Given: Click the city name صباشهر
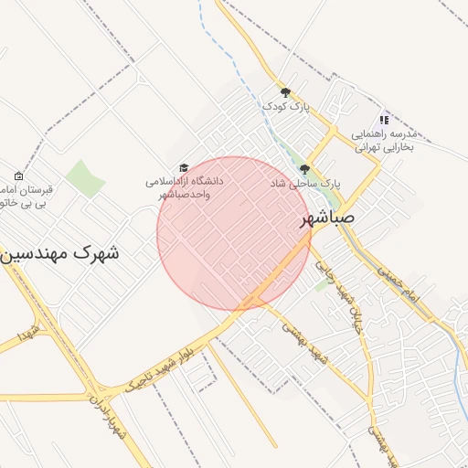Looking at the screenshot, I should click(x=339, y=221).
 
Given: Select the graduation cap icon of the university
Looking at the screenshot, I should click(x=184, y=167).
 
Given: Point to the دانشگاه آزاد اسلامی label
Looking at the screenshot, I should click(x=184, y=187).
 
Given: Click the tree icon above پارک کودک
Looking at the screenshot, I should click(x=285, y=92).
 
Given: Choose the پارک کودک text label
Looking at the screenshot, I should click(x=286, y=107).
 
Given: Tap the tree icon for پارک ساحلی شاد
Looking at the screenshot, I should click(x=304, y=169).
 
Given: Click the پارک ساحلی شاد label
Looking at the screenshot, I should click(x=304, y=184).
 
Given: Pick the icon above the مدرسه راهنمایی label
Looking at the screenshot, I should click(x=384, y=120).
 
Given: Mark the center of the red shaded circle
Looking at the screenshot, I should click(x=234, y=233).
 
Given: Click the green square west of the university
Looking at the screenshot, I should click(x=85, y=177).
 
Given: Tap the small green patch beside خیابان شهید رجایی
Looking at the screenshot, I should click(x=321, y=284).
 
